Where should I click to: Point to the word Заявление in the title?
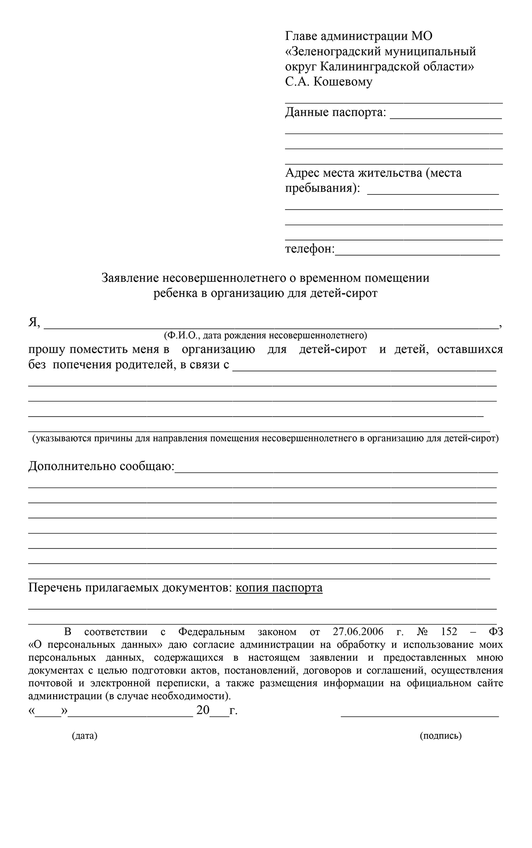click(130, 278)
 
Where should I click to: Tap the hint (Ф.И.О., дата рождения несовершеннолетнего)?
click(265, 335)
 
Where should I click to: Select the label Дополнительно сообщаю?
click(101, 466)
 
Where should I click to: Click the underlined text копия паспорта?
click(279, 588)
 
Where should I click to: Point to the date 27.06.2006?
click(358, 632)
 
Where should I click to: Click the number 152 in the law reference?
click(449, 632)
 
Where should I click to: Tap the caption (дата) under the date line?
click(84, 736)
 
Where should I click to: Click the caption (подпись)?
click(441, 736)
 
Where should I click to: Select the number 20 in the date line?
click(203, 710)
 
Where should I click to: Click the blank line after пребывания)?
click(433, 194)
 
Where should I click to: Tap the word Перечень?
click(54, 588)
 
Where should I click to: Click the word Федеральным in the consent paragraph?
click(212, 632)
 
